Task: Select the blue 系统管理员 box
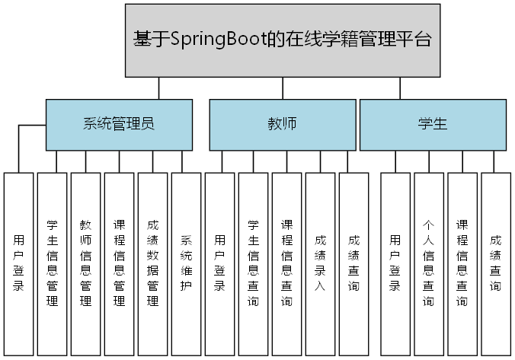point(119,125)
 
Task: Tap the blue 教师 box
point(282,125)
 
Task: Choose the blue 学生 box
point(432,125)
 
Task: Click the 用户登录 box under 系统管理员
point(19,263)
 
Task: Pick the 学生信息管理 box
point(52,263)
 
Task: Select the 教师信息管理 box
point(85,263)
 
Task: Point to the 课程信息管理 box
point(119,263)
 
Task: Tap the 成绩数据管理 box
point(152,263)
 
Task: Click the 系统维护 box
point(186,263)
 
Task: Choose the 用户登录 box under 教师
point(219,263)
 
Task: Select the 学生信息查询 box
point(253,263)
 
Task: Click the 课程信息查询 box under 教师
point(286,263)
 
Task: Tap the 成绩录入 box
point(320,263)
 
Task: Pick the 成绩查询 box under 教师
point(353,263)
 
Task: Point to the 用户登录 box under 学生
point(395,263)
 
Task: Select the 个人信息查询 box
point(428,263)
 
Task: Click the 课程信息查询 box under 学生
point(462,263)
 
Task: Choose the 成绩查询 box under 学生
point(495,263)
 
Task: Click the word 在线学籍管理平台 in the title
point(359,40)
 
